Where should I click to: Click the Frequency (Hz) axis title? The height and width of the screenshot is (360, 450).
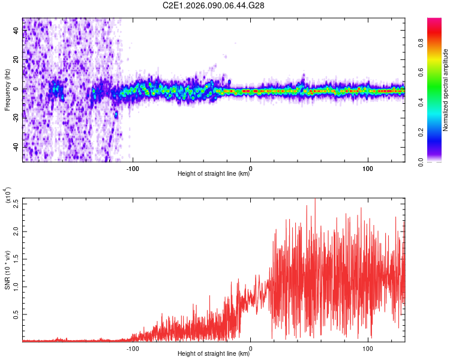[8, 90]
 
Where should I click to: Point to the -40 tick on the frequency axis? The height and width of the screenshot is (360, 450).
[17, 147]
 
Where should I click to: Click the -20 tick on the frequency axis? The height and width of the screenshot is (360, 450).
[17, 118]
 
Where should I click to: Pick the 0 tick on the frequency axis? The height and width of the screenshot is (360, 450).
[17, 89]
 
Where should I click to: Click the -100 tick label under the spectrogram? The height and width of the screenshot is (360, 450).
[133, 167]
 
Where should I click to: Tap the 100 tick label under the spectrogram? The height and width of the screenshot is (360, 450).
[367, 167]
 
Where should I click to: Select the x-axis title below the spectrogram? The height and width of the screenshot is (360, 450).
[214, 175]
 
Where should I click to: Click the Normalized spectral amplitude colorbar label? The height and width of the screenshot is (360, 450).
[446, 90]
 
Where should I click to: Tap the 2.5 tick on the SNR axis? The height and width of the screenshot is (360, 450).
[15, 203]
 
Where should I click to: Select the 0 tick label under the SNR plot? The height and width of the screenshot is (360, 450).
[250, 347]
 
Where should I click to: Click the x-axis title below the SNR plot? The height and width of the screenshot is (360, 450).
[214, 354]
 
